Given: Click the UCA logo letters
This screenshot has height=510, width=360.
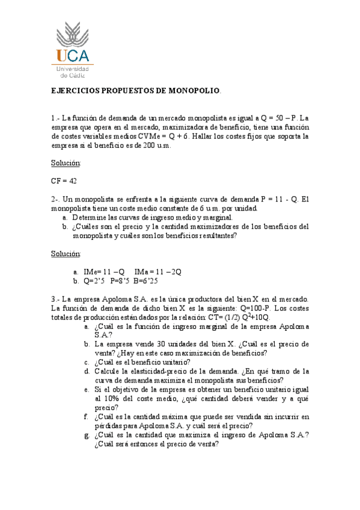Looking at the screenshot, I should tap(75, 56).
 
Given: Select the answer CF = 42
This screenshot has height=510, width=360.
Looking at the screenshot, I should tap(64, 180).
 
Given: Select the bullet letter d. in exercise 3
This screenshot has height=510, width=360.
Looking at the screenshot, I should tap(87, 371).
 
